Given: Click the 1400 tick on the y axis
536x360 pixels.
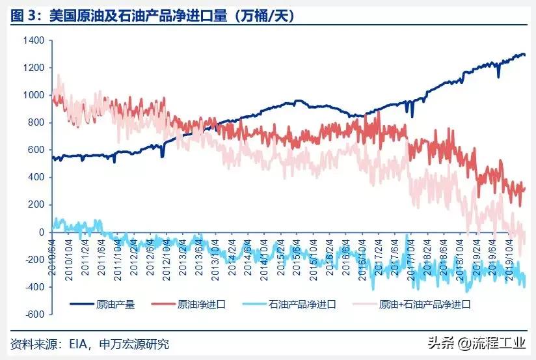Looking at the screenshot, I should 34,40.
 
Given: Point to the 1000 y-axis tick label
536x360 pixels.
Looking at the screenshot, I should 34,95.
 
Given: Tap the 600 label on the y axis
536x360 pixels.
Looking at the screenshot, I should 37,150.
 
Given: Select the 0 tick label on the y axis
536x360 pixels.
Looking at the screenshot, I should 41,232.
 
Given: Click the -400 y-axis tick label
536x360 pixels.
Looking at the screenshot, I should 34,287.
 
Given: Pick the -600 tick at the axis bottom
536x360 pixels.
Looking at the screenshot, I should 34,314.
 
